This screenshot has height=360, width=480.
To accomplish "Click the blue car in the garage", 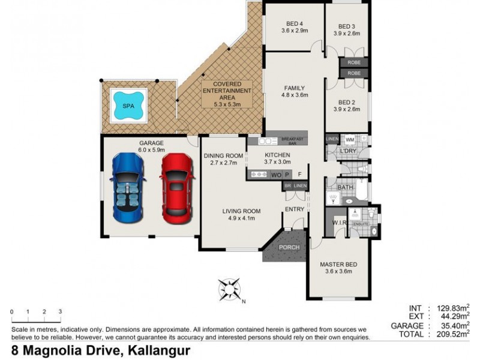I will tap(128, 186).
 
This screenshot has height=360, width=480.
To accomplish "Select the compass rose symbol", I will tap(230, 289).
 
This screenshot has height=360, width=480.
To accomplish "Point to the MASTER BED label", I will tap(338, 267).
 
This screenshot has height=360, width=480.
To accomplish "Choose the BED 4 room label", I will tap(294, 26).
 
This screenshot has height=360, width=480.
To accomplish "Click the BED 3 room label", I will tap(347, 30).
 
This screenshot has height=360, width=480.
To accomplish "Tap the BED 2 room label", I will tap(347, 106).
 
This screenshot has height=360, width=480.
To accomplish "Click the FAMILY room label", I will tap(295, 91).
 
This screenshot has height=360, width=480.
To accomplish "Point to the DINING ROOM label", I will tap(223, 159).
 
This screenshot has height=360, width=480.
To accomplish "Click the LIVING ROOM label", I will tap(241, 214).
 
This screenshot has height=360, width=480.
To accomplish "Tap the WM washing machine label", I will tap(350, 140).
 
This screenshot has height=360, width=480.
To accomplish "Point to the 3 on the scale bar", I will tap(61, 312).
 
